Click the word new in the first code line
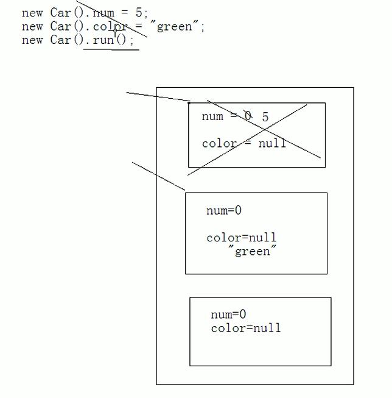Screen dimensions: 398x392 [x=32, y=13]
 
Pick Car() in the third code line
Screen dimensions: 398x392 [x=69, y=41]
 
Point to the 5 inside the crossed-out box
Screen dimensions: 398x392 [x=265, y=116]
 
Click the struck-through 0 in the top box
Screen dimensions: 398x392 [x=248, y=116]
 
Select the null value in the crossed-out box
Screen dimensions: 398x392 [x=272, y=144]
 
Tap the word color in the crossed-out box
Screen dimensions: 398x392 [x=219, y=144]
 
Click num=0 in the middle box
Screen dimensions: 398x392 [x=224, y=211]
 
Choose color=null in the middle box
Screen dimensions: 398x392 [x=241, y=238]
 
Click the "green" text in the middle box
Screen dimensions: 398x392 [x=252, y=251]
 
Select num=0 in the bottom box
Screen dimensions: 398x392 [x=228, y=315]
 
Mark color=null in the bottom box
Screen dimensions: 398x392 [x=246, y=329]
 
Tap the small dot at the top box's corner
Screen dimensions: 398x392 [x=189, y=103]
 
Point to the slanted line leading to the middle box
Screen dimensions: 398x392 [x=158, y=176]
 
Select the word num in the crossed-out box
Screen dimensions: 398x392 [x=212, y=116]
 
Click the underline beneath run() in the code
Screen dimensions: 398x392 [x=111, y=49]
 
